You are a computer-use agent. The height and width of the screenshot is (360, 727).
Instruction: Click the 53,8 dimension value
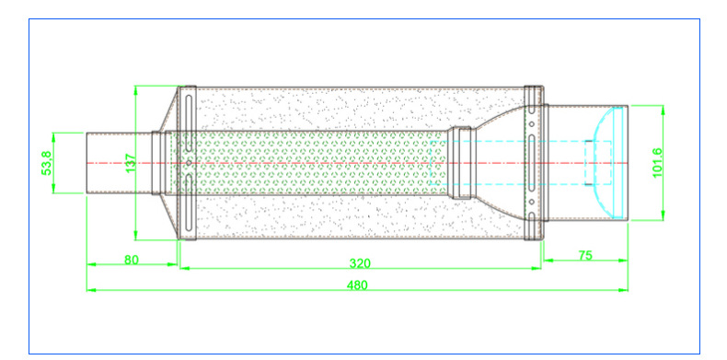(x=46, y=163)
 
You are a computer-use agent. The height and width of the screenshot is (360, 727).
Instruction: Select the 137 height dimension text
(x=131, y=163)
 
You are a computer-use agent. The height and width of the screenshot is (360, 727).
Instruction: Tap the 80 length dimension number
(x=132, y=260)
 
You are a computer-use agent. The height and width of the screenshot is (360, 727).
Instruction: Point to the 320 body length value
(x=360, y=263)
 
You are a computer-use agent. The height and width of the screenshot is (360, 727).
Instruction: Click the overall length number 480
(x=357, y=285)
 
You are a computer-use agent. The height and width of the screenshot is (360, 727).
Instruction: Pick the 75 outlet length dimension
(x=585, y=255)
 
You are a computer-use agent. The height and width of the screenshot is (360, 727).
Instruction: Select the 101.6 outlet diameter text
(x=657, y=163)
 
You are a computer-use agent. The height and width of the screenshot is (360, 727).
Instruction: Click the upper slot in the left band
(x=189, y=123)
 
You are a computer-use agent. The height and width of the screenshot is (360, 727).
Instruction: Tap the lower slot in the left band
(x=189, y=203)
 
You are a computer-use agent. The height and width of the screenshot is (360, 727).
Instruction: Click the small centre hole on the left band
(x=189, y=163)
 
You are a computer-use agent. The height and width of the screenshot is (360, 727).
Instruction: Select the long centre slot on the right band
(x=532, y=163)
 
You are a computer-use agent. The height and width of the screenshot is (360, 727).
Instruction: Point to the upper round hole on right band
(x=532, y=124)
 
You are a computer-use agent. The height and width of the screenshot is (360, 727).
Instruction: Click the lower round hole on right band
(x=532, y=202)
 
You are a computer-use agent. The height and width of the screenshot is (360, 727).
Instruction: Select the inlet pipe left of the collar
(x=119, y=163)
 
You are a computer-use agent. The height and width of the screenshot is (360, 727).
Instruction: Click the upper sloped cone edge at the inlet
(x=168, y=110)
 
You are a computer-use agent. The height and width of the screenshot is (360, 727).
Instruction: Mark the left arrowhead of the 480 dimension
(x=91, y=290)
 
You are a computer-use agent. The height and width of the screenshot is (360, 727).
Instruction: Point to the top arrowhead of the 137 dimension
(x=135, y=90)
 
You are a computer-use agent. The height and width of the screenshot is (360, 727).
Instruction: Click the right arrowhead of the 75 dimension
(x=623, y=261)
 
